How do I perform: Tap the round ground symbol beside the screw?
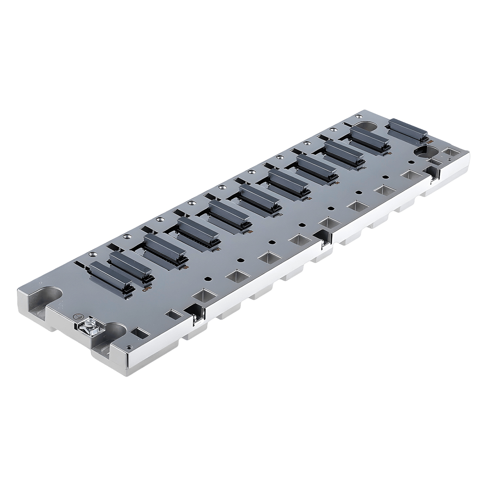(x=77, y=316)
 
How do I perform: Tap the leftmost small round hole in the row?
(x=207, y=279)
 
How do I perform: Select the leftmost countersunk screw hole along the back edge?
(x=91, y=255)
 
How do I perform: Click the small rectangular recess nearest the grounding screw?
(x=139, y=333)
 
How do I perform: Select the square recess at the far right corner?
(x=452, y=152)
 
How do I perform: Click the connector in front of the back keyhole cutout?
(x=368, y=137)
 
